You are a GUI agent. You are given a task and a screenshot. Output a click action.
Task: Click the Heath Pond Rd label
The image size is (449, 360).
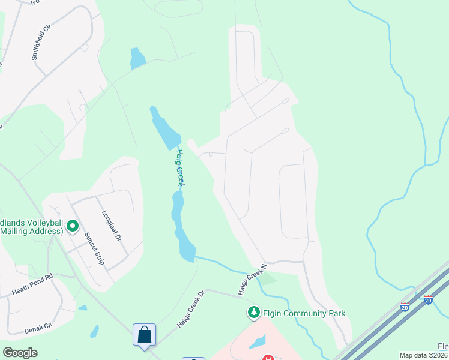pos(33,285)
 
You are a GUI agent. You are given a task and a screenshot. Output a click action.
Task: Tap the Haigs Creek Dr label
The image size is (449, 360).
pos(191,309)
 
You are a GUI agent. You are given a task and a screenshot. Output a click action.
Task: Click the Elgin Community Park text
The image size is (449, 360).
pos(304,313)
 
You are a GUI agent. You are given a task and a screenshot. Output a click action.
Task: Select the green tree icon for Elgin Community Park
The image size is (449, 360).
pos(254,313)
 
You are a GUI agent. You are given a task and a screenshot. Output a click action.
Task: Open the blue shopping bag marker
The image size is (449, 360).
pos(145,335)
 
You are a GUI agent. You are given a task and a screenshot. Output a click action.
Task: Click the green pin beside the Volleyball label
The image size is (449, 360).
pos(73,226)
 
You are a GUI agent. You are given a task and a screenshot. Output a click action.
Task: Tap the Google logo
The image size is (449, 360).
pos(20,353)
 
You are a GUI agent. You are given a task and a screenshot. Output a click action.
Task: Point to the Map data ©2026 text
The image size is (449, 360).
pos(424,355)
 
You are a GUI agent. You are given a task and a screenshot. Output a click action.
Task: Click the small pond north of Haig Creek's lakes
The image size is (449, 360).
pos(137,58)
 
